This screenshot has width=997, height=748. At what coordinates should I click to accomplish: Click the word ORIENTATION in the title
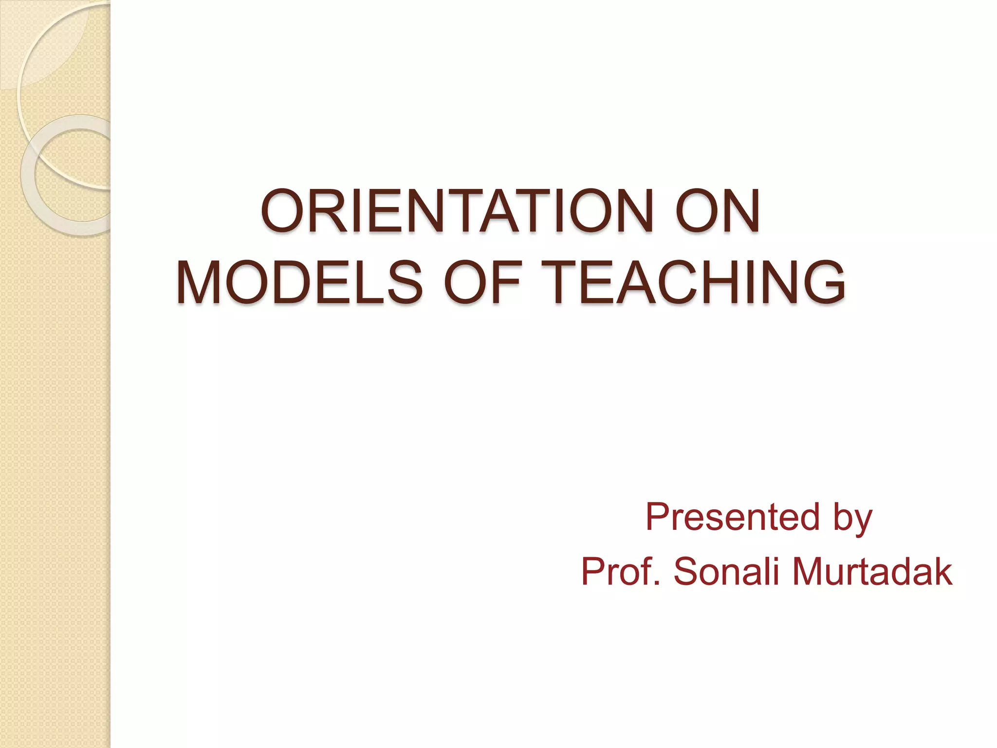[x=456, y=211]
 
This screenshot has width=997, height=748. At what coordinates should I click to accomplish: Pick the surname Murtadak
[x=871, y=572]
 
